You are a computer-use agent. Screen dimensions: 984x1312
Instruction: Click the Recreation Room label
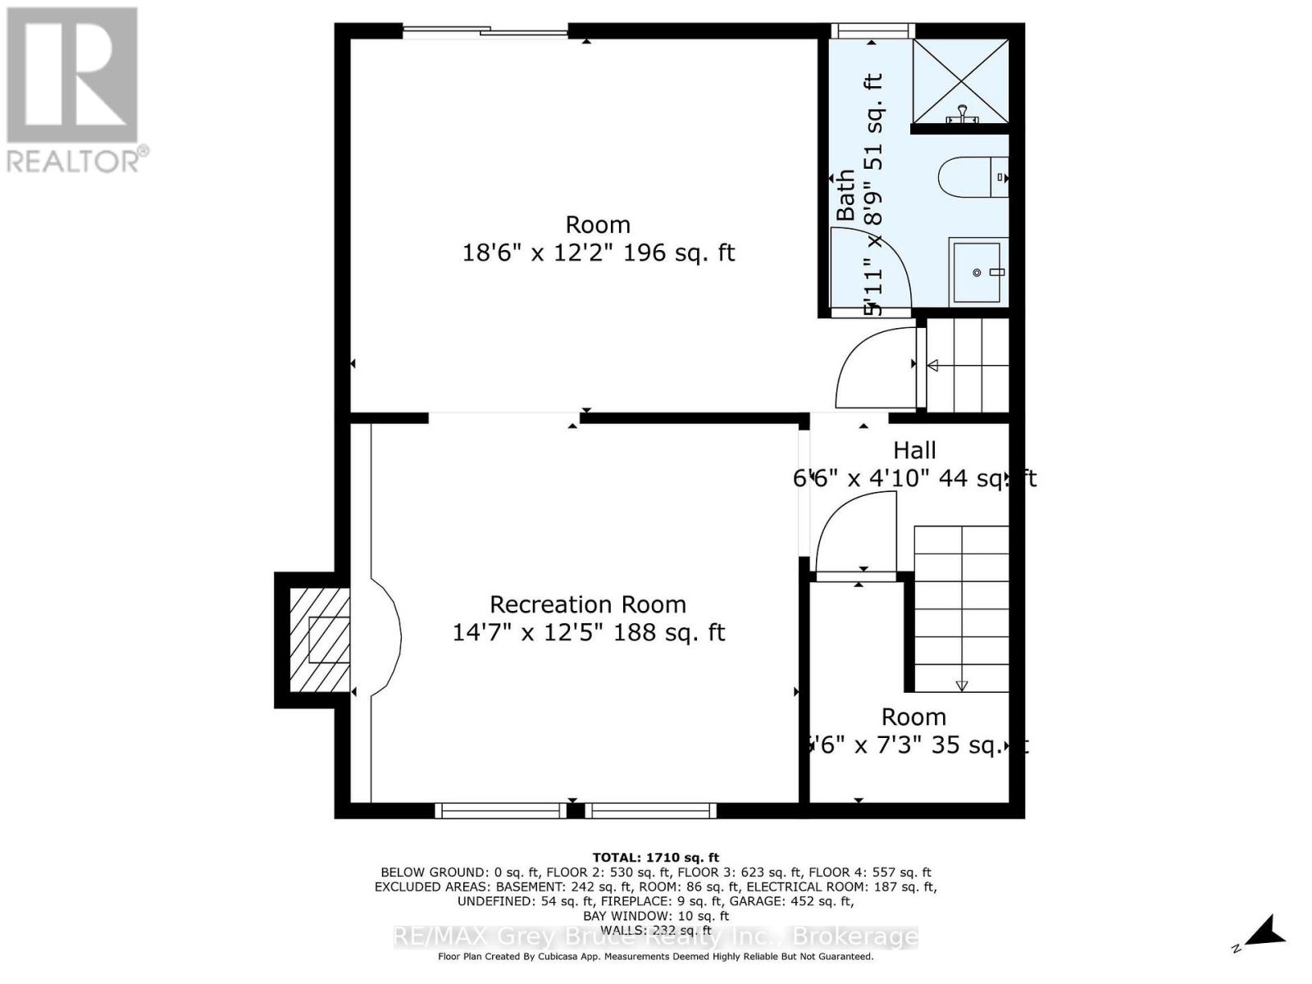click(587, 605)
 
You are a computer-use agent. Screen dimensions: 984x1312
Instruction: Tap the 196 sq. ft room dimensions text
click(598, 253)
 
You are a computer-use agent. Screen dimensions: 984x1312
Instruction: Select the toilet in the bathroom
click(972, 177)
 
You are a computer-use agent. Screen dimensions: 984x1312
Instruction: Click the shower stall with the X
click(960, 80)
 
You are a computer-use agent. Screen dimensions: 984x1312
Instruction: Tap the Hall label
click(914, 450)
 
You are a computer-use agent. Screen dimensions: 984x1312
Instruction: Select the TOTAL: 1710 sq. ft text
click(655, 858)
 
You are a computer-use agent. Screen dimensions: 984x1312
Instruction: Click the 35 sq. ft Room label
click(913, 717)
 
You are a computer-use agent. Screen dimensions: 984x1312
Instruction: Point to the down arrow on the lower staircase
click(962, 685)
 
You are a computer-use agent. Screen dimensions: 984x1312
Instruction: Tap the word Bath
click(845, 194)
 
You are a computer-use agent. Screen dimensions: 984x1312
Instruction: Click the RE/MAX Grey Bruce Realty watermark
click(655, 937)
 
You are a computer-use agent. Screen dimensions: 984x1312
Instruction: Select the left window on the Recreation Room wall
click(500, 811)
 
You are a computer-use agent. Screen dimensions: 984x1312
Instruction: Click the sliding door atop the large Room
click(484, 32)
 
